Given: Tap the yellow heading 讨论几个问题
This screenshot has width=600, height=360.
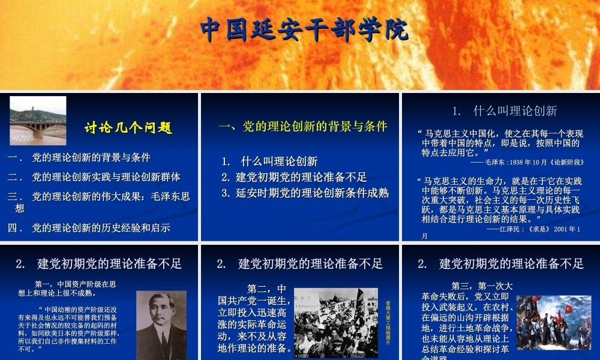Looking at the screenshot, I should click(x=128, y=128).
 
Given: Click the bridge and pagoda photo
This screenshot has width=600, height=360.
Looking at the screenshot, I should click(x=38, y=121).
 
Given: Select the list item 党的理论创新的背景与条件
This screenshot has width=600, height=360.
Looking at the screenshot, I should click(x=91, y=158).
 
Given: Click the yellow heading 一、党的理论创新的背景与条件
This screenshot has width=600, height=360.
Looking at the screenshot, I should click(x=302, y=127).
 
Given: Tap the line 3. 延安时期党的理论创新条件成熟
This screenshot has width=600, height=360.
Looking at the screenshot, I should click(x=305, y=193).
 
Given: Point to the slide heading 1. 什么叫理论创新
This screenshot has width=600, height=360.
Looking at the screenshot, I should click(x=505, y=110).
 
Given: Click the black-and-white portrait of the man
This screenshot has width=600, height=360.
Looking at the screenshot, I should click(x=161, y=325).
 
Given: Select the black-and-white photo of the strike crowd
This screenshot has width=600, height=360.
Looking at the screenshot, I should click(x=335, y=323).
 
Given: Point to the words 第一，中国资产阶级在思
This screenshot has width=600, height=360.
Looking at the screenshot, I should click(x=76, y=284).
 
